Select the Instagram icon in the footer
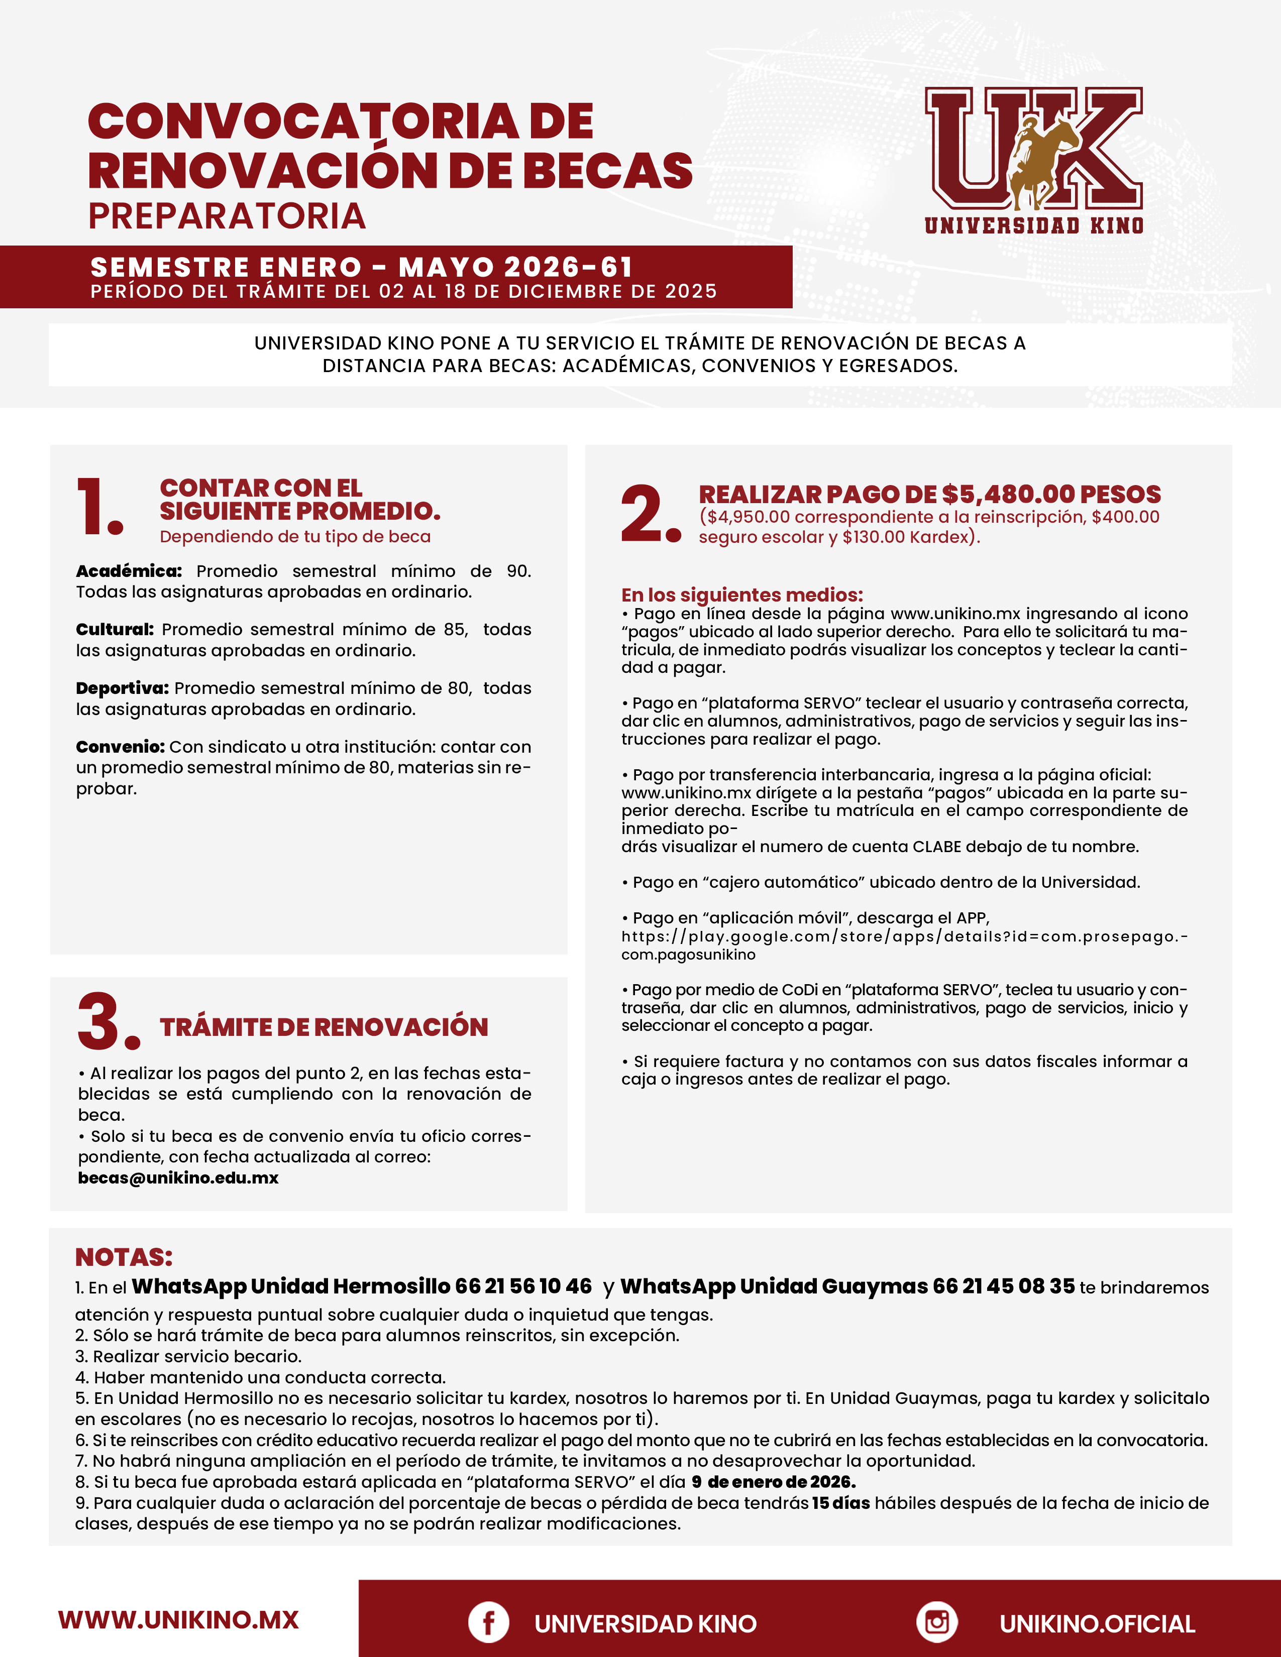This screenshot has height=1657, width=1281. (936, 1622)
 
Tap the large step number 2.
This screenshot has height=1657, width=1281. (650, 514)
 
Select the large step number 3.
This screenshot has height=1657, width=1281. (108, 1021)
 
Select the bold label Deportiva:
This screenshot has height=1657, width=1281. (122, 688)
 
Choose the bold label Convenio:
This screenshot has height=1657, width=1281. (120, 747)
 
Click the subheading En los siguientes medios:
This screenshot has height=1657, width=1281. (742, 595)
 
